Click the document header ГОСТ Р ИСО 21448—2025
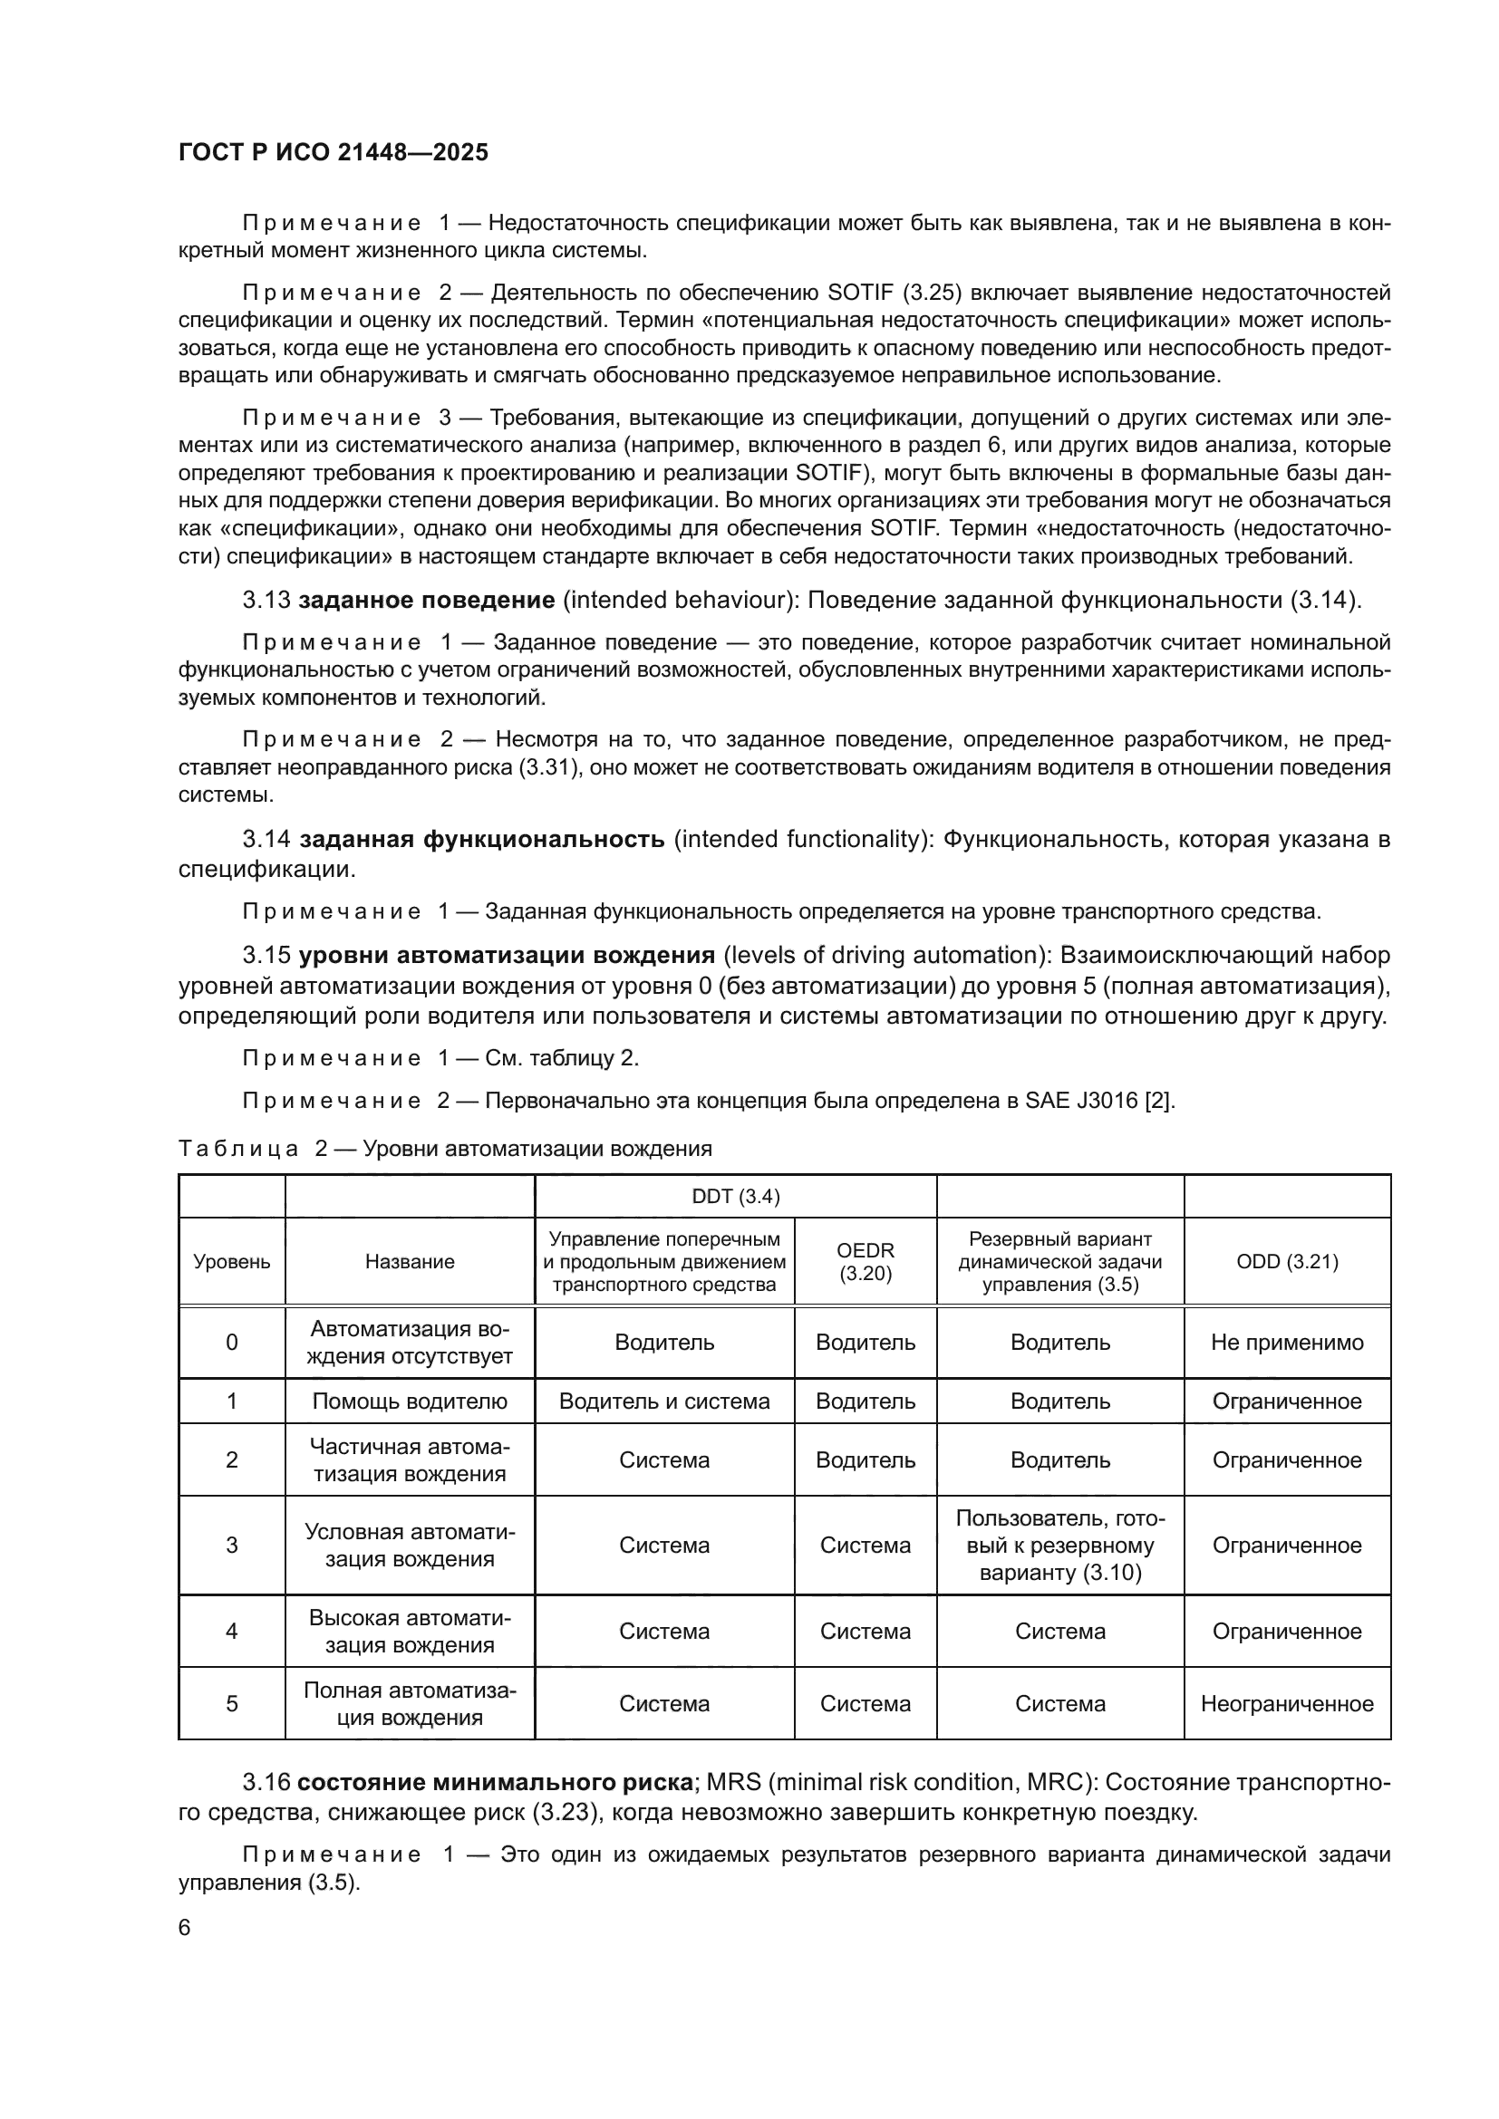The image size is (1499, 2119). (334, 152)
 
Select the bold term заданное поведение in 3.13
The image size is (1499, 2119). (427, 600)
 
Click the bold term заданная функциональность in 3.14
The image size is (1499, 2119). (482, 839)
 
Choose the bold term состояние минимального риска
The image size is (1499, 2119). (495, 1782)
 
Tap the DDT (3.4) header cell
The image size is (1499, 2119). (735, 1196)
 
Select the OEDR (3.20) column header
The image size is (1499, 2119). (865, 1261)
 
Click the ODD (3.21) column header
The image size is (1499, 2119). (1287, 1261)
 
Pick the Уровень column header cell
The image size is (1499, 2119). (232, 1262)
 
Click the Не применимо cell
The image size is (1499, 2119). (1287, 1342)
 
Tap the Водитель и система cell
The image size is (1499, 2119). (663, 1401)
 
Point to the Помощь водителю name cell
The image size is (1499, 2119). (410, 1401)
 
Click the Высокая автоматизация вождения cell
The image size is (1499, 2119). (410, 1631)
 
